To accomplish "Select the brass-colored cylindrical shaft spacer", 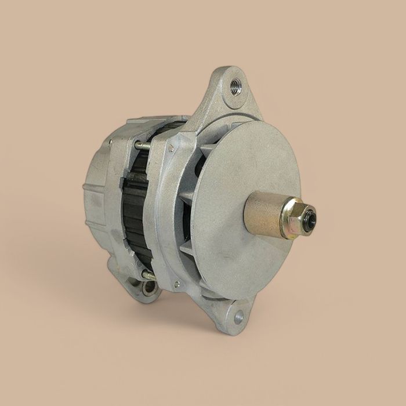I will tap(264, 215).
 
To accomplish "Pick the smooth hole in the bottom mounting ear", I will tap(238, 317).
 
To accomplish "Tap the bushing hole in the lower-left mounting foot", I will tap(149, 286).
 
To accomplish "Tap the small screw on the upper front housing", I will tap(171, 148).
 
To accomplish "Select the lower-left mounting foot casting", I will tap(133, 281).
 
